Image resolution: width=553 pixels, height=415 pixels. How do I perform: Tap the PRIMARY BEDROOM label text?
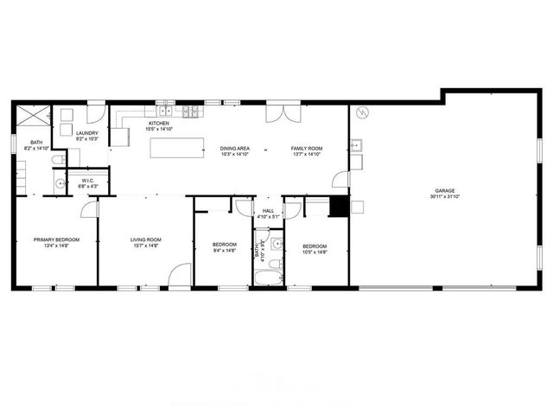pyautogui.click(x=56, y=239)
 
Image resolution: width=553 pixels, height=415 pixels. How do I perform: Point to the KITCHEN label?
pyautogui.click(x=159, y=124)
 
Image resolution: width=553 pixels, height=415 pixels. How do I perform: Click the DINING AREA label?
pyautogui.click(x=235, y=149)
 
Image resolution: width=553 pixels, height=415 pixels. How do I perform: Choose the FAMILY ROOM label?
pyautogui.click(x=306, y=149)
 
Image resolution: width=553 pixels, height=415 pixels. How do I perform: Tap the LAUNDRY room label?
pyautogui.click(x=87, y=132)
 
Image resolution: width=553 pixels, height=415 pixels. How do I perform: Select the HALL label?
pyautogui.click(x=268, y=211)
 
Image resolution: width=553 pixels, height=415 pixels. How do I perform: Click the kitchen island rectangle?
pyautogui.click(x=176, y=148)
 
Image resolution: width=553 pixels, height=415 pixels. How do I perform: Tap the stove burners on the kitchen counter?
pyautogui.click(x=191, y=110)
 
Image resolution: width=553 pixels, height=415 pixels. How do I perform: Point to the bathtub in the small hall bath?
pyautogui.click(x=267, y=278)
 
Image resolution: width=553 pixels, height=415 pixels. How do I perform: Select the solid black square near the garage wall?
pyautogui.click(x=338, y=207)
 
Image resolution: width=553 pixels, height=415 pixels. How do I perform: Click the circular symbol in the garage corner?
pyautogui.click(x=363, y=112)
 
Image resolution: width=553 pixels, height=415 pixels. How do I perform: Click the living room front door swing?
pyautogui.click(x=180, y=275)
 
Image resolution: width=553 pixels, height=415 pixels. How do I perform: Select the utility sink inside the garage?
pyautogui.click(x=355, y=145)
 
